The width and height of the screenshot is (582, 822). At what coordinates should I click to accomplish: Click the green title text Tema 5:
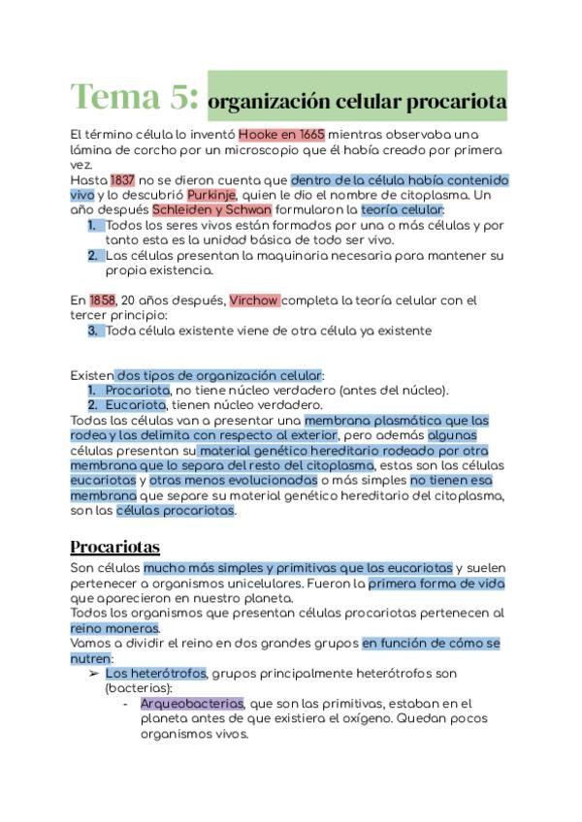[135, 97]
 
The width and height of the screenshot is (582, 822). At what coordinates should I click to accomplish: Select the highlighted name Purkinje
[211, 194]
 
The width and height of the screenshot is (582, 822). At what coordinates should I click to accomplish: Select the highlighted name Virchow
[254, 300]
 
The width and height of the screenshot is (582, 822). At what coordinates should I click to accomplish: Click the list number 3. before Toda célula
[94, 331]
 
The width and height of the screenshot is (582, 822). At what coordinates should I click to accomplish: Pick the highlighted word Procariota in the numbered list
[136, 390]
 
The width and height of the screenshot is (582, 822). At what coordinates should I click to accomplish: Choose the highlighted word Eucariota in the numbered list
[135, 404]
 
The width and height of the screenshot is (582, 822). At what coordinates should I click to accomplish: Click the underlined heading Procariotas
[115, 547]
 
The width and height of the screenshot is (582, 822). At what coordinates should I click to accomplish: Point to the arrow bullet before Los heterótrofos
[93, 673]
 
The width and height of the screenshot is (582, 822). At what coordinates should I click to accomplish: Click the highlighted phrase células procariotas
[176, 510]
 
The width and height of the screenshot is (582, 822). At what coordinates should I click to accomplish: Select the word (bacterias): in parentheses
[139, 687]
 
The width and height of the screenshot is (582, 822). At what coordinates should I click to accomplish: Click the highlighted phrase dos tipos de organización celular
[218, 375]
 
